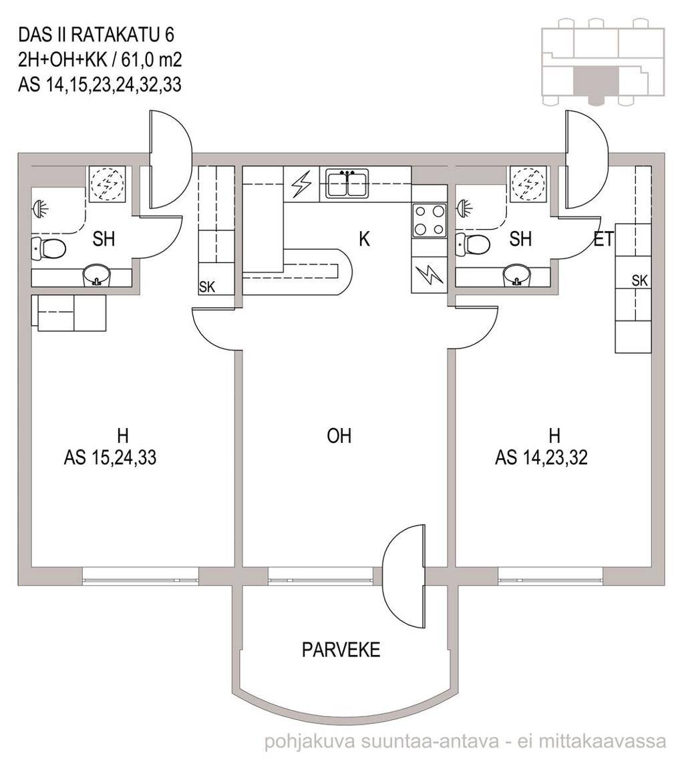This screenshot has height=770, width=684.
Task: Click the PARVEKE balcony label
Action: (x=341, y=650)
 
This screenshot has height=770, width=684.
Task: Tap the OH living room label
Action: (x=339, y=435)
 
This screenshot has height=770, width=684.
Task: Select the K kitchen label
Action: (x=364, y=239)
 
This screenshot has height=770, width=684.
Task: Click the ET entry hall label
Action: (x=603, y=239)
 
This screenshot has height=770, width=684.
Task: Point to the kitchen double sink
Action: (x=348, y=183)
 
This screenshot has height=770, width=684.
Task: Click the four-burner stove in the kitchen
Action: (x=430, y=220)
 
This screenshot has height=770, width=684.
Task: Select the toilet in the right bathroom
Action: (x=472, y=243)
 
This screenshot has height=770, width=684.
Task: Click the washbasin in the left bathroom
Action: (x=98, y=276)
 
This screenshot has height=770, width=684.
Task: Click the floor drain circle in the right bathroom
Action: (x=528, y=184)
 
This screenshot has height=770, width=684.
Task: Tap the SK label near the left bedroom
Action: (x=207, y=287)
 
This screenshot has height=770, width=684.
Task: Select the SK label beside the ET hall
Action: (x=639, y=280)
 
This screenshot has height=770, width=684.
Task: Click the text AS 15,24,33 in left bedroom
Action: (x=110, y=457)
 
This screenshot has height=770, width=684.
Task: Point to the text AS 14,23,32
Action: (x=541, y=457)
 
